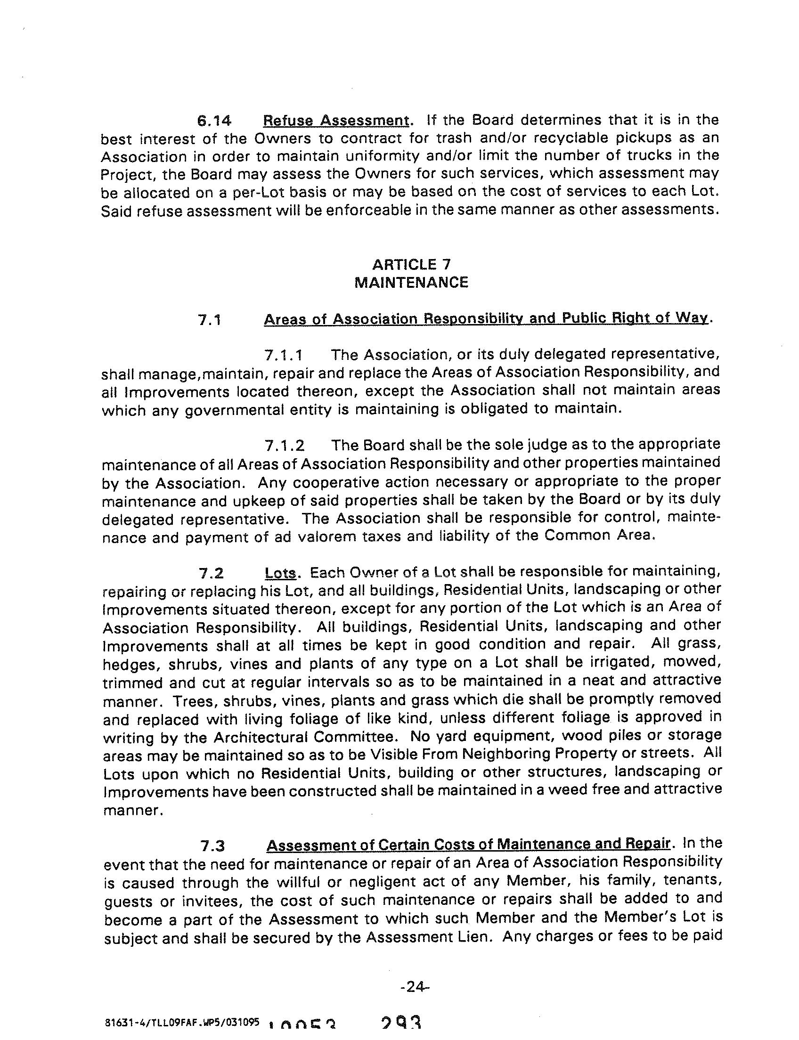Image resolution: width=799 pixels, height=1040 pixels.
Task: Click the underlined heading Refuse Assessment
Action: coord(336,120)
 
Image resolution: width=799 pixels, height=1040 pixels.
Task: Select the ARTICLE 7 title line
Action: coord(411,264)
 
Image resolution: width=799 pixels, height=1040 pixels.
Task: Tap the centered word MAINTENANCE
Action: coord(411,283)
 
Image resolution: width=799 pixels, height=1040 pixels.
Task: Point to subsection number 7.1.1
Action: coord(284,355)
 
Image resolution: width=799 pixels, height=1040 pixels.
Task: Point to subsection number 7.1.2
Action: coord(285,446)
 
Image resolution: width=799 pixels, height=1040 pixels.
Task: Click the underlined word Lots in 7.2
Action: coord(280,573)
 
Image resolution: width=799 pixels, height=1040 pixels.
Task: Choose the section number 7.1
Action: coord(210,320)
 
